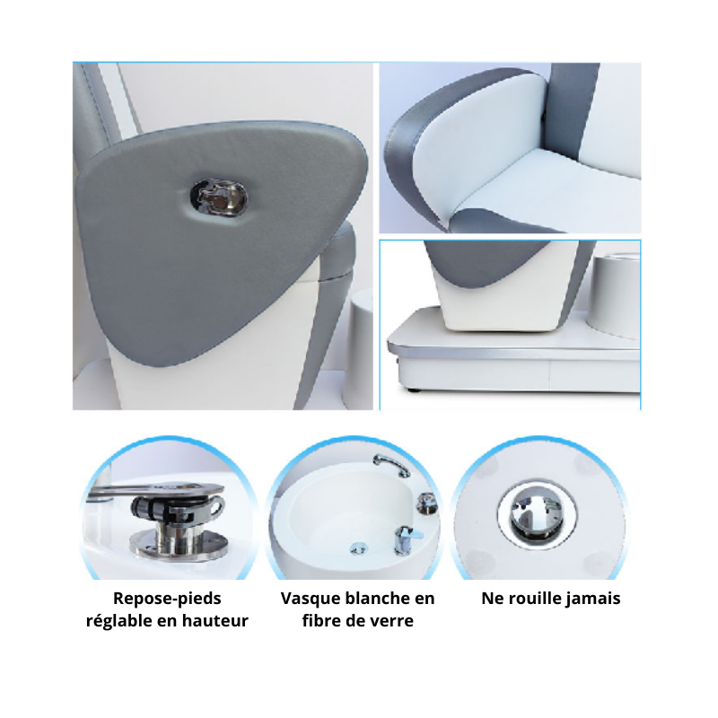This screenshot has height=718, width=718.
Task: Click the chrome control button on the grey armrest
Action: point(218,197)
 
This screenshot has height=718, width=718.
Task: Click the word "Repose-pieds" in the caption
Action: point(167,599)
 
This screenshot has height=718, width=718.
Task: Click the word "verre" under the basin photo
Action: point(391,620)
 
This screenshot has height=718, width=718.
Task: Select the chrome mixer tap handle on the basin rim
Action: point(406,535)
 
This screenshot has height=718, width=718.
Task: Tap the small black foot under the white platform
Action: point(415,392)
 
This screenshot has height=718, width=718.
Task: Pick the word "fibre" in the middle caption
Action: point(324,620)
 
